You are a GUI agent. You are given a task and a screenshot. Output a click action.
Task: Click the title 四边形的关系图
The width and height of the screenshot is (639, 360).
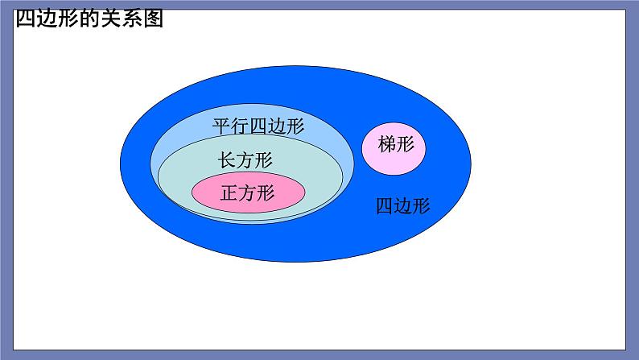[x=89, y=19]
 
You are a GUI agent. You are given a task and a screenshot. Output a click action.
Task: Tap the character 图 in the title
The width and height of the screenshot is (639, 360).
[x=153, y=19]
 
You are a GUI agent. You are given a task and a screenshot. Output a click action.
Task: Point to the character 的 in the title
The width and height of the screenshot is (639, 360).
[x=89, y=19]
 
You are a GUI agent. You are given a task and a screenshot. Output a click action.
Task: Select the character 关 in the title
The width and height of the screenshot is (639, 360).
[x=111, y=19]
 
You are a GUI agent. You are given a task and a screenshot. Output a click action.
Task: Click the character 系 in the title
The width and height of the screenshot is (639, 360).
[x=132, y=19]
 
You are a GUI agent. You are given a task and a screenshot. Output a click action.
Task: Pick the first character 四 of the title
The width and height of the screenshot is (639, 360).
[x=26, y=19]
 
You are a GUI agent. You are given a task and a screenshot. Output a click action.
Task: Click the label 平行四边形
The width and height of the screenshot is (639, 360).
[x=258, y=126]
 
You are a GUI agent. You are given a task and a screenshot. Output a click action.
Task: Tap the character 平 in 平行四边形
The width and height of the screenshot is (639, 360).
[x=221, y=126]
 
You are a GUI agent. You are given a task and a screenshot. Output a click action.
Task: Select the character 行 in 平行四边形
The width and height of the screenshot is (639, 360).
[x=240, y=126]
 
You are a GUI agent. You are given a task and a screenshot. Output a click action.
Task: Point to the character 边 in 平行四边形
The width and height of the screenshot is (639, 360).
[x=277, y=126]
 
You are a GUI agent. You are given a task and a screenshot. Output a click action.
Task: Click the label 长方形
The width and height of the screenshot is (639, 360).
[x=245, y=159]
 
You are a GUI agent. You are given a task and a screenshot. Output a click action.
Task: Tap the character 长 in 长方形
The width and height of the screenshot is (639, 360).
[x=227, y=159]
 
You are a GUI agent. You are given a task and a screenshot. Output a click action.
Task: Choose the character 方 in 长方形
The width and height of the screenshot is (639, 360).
[x=245, y=159]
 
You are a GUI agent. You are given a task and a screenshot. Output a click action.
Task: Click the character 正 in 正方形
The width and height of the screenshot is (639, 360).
[x=229, y=192]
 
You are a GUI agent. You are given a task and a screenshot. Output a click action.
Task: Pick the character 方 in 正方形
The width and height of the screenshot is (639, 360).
[x=248, y=192]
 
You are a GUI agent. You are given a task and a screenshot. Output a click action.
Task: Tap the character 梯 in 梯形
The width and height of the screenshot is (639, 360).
[x=387, y=144]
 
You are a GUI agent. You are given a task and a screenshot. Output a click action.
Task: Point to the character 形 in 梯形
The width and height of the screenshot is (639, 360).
[x=406, y=144]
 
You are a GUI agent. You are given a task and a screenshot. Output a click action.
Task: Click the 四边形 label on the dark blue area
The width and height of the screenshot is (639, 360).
[x=402, y=206]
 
